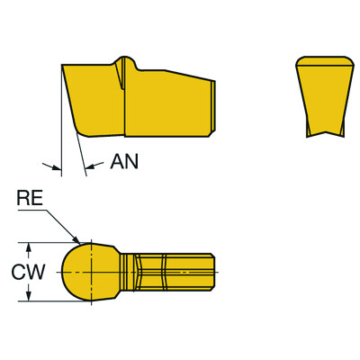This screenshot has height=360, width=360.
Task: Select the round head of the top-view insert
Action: [86, 271]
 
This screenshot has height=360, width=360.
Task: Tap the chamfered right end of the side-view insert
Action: [213, 106]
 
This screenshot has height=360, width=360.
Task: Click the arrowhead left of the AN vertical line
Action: [53, 166]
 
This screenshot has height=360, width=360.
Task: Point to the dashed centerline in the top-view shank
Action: [171, 271]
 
